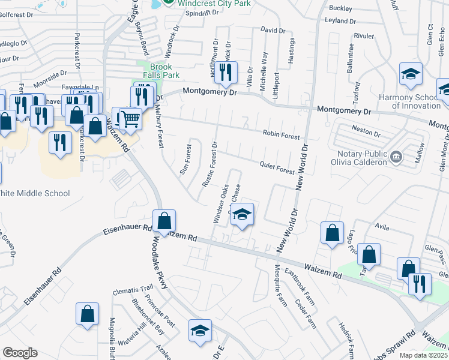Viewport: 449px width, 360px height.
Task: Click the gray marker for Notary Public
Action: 396,158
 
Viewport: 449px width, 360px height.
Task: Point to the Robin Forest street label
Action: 281,136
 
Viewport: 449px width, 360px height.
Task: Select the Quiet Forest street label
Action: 277,167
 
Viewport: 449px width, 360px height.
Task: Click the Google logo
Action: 20,353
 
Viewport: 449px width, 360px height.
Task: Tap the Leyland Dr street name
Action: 340,20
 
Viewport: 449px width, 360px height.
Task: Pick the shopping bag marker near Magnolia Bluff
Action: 87,314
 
